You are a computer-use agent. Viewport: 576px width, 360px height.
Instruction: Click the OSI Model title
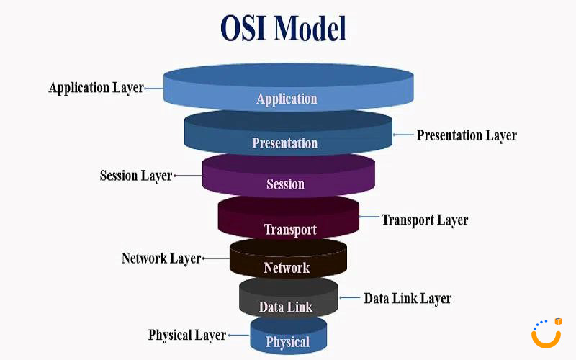(x=283, y=28)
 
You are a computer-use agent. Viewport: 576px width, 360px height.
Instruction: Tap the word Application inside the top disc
(x=287, y=99)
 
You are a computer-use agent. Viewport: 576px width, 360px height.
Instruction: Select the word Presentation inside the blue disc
(x=284, y=143)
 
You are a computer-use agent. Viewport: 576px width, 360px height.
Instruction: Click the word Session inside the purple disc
(x=285, y=184)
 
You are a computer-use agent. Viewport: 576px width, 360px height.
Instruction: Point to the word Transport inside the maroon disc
(x=290, y=230)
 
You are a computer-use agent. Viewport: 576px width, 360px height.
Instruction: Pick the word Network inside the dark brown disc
(x=287, y=268)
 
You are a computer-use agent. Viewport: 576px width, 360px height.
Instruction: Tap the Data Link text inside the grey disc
(x=285, y=307)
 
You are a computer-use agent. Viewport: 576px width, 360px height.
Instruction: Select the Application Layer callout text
(x=96, y=88)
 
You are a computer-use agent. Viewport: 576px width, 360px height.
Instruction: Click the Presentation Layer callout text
(x=467, y=135)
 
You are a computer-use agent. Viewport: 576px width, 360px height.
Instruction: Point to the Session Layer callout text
(x=136, y=176)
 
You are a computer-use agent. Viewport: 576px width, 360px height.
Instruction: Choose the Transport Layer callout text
(x=425, y=220)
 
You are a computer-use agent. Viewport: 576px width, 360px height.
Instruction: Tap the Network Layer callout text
(x=161, y=258)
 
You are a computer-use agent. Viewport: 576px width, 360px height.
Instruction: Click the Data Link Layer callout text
(x=408, y=299)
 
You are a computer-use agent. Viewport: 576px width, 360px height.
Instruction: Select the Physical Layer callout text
(x=187, y=336)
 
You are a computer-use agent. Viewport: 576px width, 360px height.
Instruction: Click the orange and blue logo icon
(x=546, y=333)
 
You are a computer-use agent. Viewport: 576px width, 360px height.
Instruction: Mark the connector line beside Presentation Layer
(x=403, y=135)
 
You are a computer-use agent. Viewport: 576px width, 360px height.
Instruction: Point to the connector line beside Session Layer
(x=189, y=176)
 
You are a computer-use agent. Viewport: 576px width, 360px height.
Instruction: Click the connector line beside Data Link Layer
(x=350, y=297)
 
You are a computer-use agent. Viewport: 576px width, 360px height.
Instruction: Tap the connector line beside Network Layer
(x=217, y=258)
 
